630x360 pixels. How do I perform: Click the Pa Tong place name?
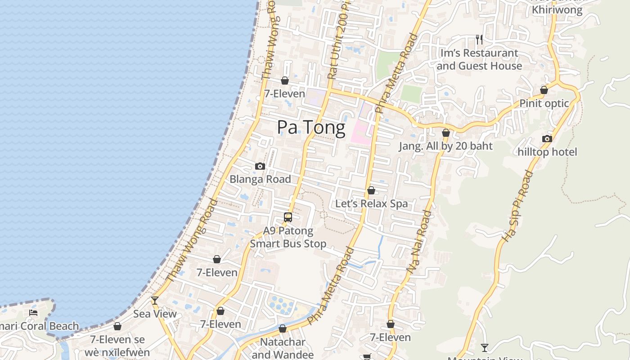311,127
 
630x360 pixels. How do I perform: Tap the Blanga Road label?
260,179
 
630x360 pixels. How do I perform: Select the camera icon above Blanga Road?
260,166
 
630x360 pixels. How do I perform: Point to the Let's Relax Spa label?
371,203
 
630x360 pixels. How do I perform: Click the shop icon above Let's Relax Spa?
371,190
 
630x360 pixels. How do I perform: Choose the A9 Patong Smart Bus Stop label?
288,237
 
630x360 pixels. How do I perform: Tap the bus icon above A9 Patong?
288,217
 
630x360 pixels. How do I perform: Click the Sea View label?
155,314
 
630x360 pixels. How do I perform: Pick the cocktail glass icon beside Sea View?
155,301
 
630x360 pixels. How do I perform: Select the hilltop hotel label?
547,152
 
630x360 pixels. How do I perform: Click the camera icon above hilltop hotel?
547,139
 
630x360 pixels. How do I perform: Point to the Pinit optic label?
544,103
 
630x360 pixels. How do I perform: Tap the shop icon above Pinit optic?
544,90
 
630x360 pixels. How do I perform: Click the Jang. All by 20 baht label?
445,146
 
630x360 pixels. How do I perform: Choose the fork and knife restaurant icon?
479,40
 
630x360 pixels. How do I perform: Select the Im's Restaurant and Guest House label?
479,59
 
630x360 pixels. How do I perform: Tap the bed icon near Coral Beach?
33,312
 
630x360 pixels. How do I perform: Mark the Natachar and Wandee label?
283,348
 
